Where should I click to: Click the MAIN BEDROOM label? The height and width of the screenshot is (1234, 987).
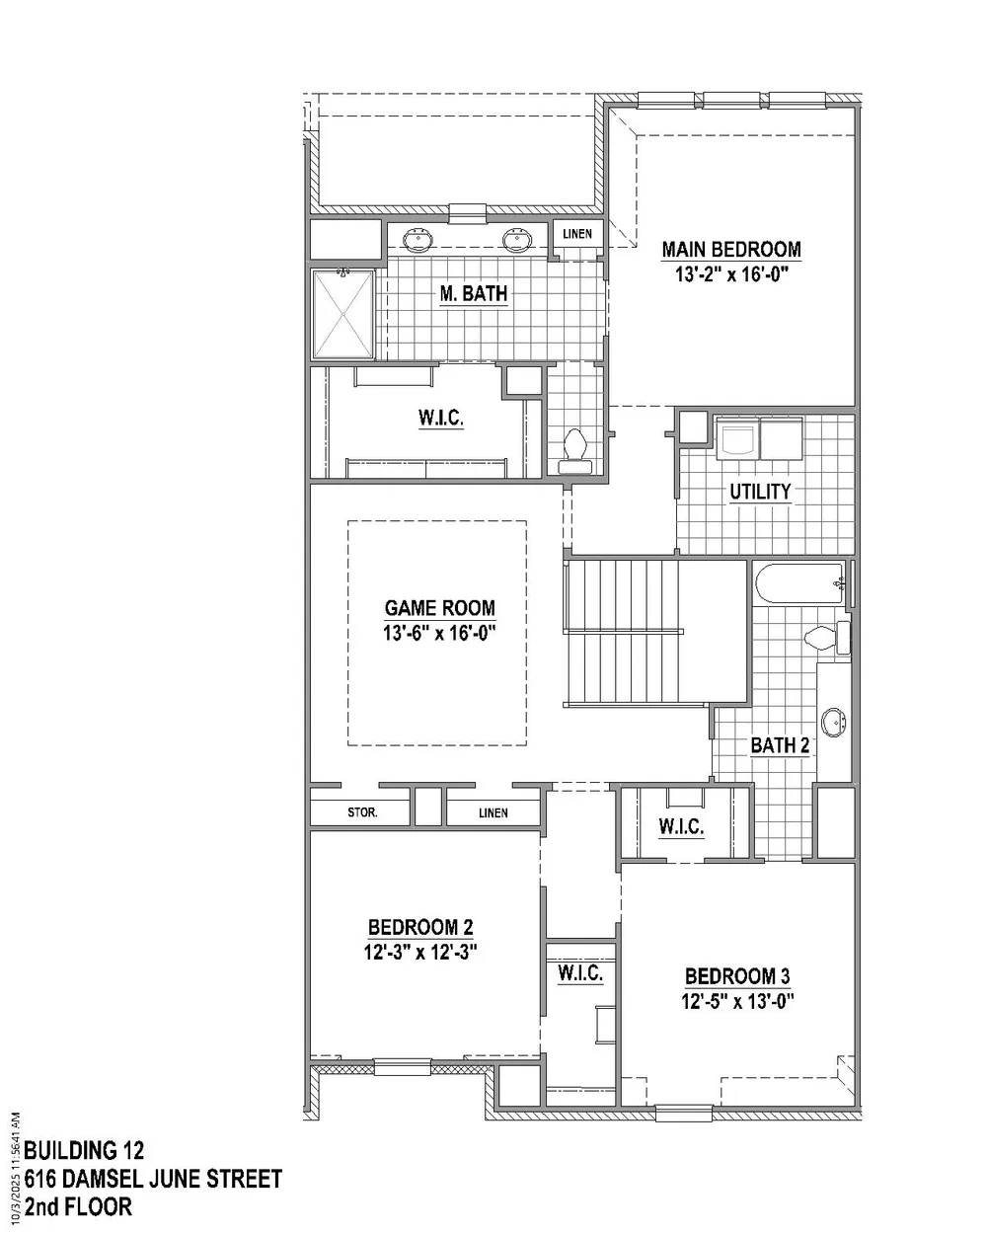(731, 250)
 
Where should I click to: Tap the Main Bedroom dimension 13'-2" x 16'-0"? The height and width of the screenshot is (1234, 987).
(731, 274)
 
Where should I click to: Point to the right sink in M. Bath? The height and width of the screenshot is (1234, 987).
(517, 240)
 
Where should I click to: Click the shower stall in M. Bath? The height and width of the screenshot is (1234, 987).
(342, 314)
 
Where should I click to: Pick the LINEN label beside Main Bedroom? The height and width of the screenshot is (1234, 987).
(577, 234)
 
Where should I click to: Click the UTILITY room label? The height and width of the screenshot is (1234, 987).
(760, 492)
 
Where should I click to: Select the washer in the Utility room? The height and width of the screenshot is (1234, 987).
(737, 438)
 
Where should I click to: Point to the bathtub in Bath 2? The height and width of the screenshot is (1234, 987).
(800, 582)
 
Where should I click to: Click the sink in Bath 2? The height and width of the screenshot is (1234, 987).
(833, 722)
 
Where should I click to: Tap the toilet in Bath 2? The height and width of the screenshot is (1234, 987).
(827, 638)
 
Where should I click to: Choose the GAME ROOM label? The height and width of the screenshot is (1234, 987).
(439, 608)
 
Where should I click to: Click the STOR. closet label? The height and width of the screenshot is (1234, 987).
(362, 812)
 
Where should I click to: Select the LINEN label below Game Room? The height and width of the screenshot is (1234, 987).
(493, 813)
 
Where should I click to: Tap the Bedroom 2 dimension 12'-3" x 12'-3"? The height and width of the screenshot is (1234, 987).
(420, 953)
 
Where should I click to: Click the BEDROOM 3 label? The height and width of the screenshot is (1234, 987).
(737, 976)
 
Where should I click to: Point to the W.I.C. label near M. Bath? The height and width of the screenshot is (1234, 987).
(441, 418)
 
